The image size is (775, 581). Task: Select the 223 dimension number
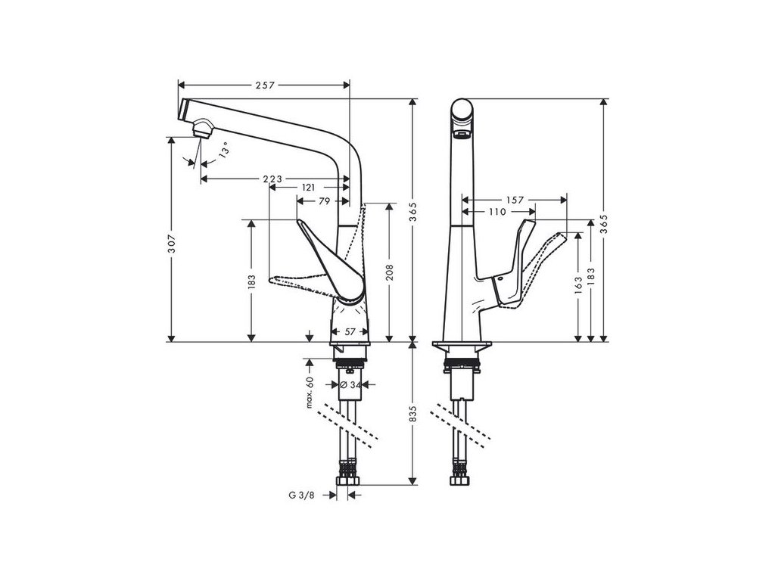click(272, 179)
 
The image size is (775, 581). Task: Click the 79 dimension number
click(323, 201)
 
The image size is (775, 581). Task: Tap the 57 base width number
click(350, 331)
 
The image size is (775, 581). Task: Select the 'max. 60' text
click(310, 392)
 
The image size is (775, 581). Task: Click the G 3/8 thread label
click(300, 496)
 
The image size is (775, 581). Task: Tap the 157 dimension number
click(515, 200)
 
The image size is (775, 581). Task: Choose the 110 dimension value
click(496, 212)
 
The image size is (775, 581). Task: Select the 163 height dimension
click(579, 284)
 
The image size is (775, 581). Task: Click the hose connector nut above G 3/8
click(351, 480)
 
